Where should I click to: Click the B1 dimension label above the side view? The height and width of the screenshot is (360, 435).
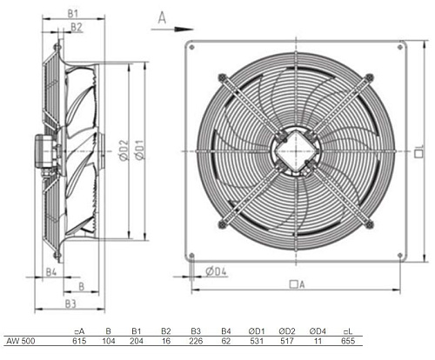pyautogui.click(x=73, y=13)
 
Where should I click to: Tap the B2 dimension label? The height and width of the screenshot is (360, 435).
pyautogui.click(x=77, y=27)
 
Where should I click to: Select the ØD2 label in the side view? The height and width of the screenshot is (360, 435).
pyautogui.click(x=124, y=150)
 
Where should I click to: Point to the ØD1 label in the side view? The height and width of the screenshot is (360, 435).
pyautogui.click(x=140, y=150)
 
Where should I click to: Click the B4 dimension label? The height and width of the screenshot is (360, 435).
pyautogui.click(x=51, y=272)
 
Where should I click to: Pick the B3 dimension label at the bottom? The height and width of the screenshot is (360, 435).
pyautogui.click(x=70, y=303)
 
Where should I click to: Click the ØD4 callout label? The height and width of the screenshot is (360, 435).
pyautogui.click(x=216, y=271)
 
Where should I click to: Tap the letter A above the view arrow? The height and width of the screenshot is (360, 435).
pyautogui.click(x=162, y=18)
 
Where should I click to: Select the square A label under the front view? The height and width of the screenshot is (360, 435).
pyautogui.click(x=298, y=284)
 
